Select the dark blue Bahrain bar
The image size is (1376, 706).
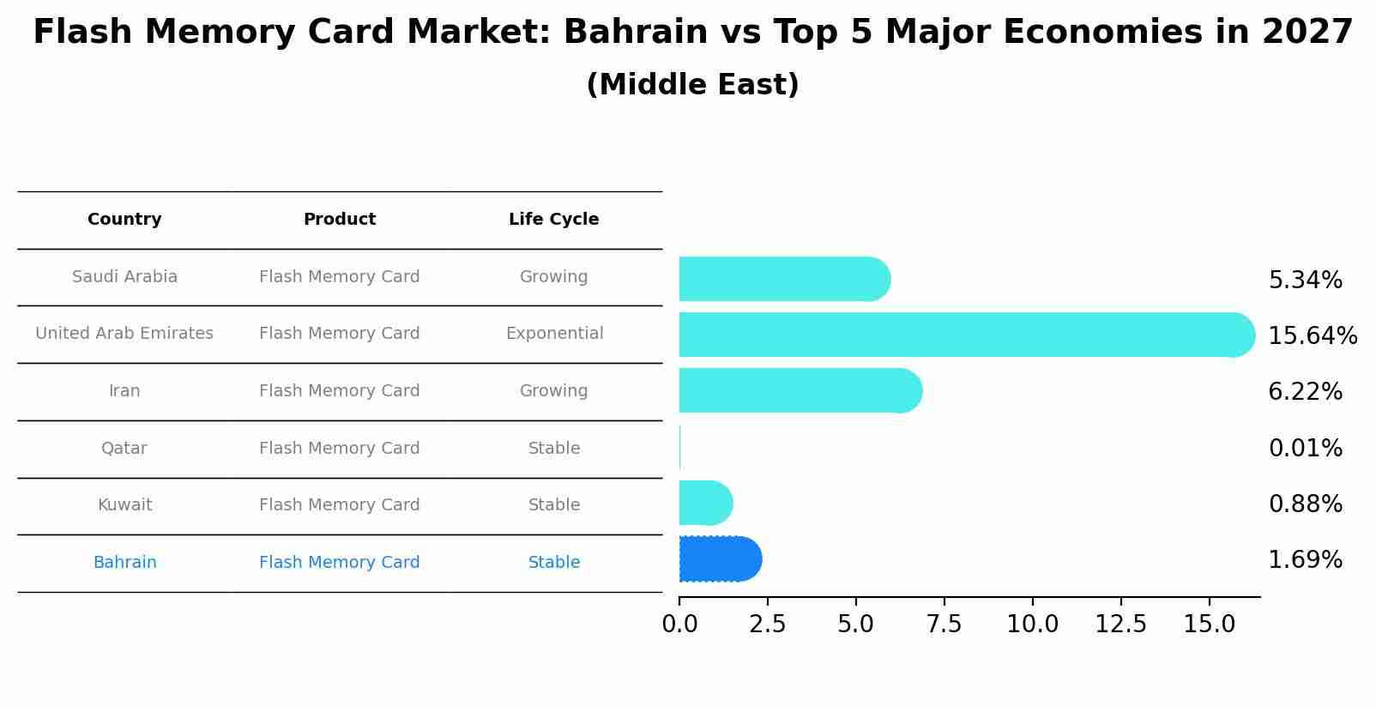(719, 559)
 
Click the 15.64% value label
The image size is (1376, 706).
(1313, 335)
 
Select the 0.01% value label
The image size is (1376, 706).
(1305, 448)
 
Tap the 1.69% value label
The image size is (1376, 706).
(1305, 560)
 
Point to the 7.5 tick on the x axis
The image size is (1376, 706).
(944, 625)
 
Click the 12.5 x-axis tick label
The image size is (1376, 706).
(1120, 625)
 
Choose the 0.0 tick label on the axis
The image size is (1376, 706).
(679, 625)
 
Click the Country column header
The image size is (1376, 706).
(124, 220)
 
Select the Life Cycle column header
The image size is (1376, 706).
(553, 220)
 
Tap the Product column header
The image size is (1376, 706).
(340, 220)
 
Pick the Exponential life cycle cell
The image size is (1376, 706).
(554, 334)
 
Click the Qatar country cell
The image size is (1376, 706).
(124, 449)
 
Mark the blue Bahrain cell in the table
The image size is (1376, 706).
(124, 563)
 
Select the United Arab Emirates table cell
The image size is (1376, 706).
(124, 334)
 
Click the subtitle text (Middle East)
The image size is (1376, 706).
(692, 85)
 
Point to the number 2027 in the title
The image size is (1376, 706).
(1307, 33)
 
